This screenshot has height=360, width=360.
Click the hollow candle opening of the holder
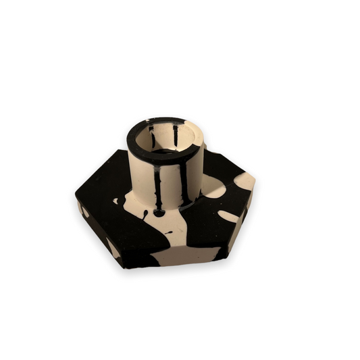pyautogui.click(x=165, y=140)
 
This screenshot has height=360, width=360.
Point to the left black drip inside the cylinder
pyautogui.click(x=152, y=136)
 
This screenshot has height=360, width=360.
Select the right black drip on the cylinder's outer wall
pyautogui.click(x=182, y=184)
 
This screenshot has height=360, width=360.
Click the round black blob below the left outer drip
pyautogui.click(x=159, y=212)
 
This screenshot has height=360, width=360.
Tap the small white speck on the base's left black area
pyautogui.click(x=115, y=201)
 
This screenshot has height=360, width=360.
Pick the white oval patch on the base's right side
pyautogui.click(x=228, y=217)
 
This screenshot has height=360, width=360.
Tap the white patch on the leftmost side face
pyautogui.click(x=84, y=211)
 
